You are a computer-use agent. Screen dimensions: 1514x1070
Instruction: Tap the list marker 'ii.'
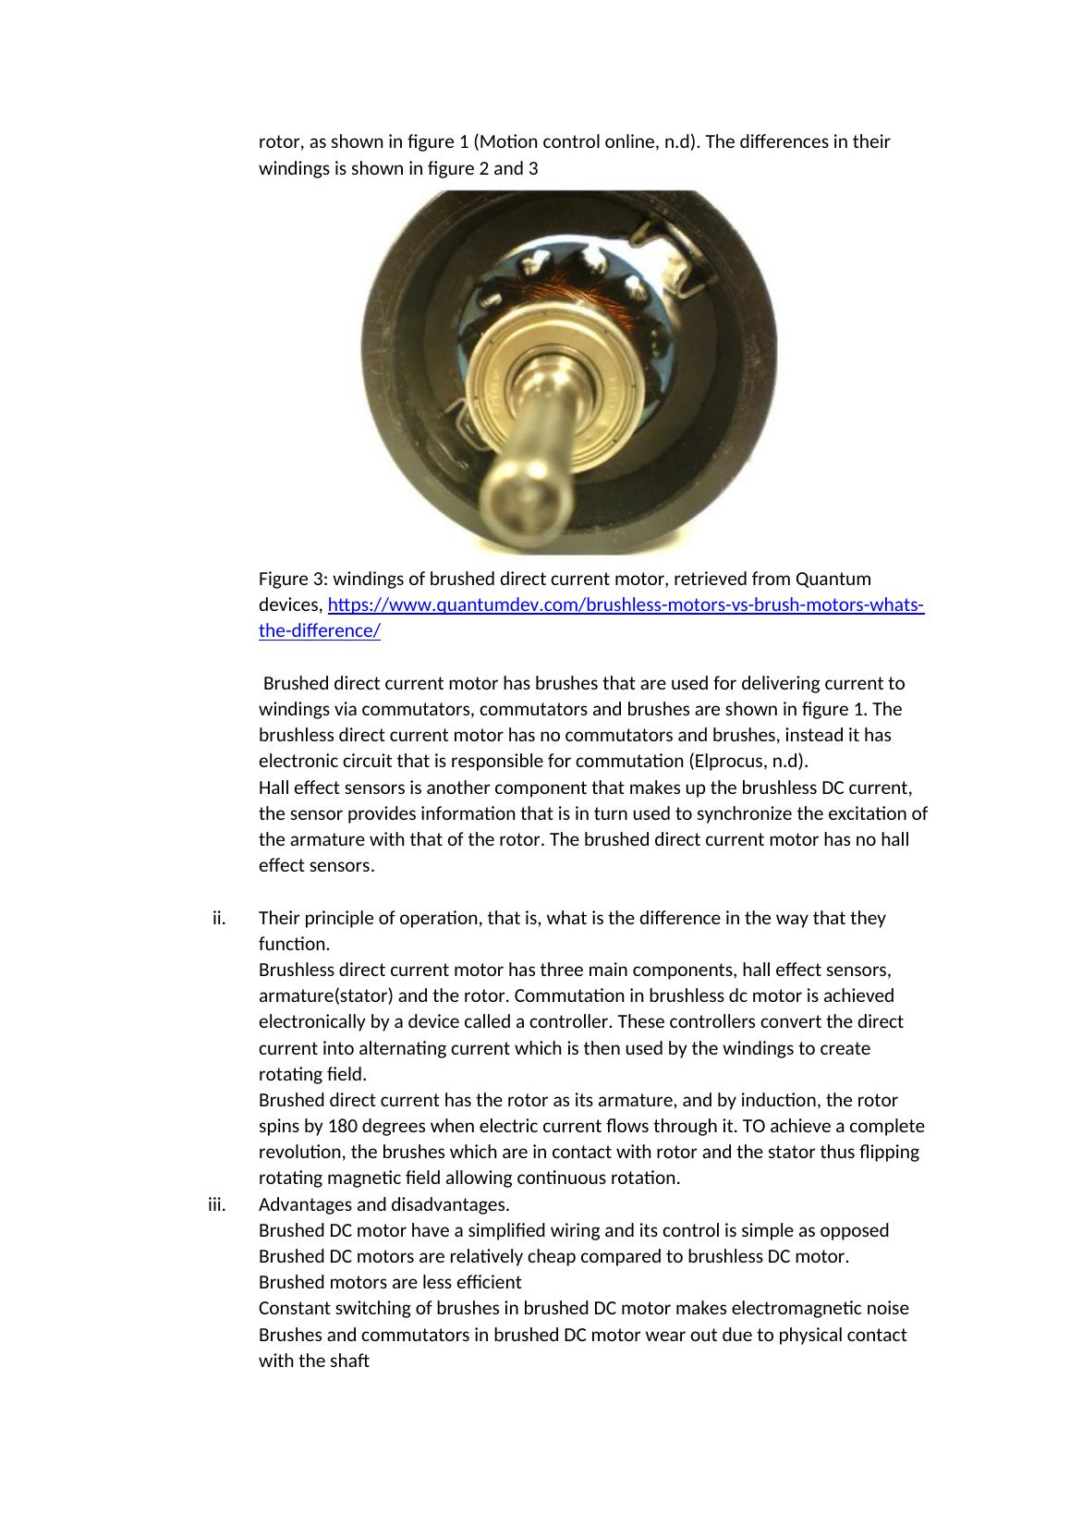(219, 918)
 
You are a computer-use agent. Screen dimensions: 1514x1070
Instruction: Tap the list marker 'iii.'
(217, 1204)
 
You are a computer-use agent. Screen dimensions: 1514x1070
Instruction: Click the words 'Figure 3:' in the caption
(293, 579)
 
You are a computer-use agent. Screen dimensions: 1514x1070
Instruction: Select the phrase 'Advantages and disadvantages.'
(383, 1204)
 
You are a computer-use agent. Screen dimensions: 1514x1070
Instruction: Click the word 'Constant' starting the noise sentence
(292, 1308)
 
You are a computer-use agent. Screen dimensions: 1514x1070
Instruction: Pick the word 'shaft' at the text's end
(347, 1361)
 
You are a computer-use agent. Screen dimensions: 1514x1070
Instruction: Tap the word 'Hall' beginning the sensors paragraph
(274, 788)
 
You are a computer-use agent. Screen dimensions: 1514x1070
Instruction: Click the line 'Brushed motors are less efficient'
(390, 1282)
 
